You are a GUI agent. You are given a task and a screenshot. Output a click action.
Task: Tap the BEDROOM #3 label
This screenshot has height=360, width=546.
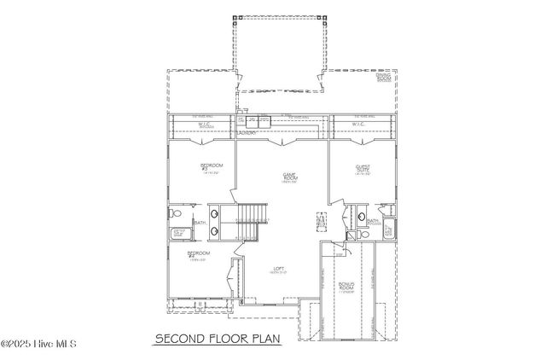tap(210, 168)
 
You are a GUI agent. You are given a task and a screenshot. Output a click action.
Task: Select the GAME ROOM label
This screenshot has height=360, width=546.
tap(289, 177)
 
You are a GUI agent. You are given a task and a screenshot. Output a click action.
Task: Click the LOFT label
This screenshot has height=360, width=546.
tap(279, 270)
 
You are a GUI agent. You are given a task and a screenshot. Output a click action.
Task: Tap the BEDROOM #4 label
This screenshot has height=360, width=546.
tap(199, 255)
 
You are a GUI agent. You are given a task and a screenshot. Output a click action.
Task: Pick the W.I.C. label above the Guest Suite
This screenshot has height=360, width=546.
tap(359, 125)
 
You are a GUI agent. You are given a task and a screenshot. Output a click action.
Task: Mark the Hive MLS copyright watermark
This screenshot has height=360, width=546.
tap(38, 345)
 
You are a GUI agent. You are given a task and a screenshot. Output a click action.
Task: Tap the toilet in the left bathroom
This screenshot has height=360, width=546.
tap(172, 213)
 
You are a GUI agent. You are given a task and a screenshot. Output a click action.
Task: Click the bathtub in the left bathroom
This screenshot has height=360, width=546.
tap(180, 234)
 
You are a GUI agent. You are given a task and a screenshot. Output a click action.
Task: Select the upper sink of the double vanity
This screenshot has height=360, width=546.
tap(213, 214)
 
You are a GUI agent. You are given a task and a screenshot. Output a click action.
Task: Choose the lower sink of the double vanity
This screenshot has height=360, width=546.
tap(213, 229)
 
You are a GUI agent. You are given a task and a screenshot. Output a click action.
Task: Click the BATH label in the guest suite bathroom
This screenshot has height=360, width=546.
tap(373, 221)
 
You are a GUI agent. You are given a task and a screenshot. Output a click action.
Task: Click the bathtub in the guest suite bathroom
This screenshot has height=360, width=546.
tap(387, 229)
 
